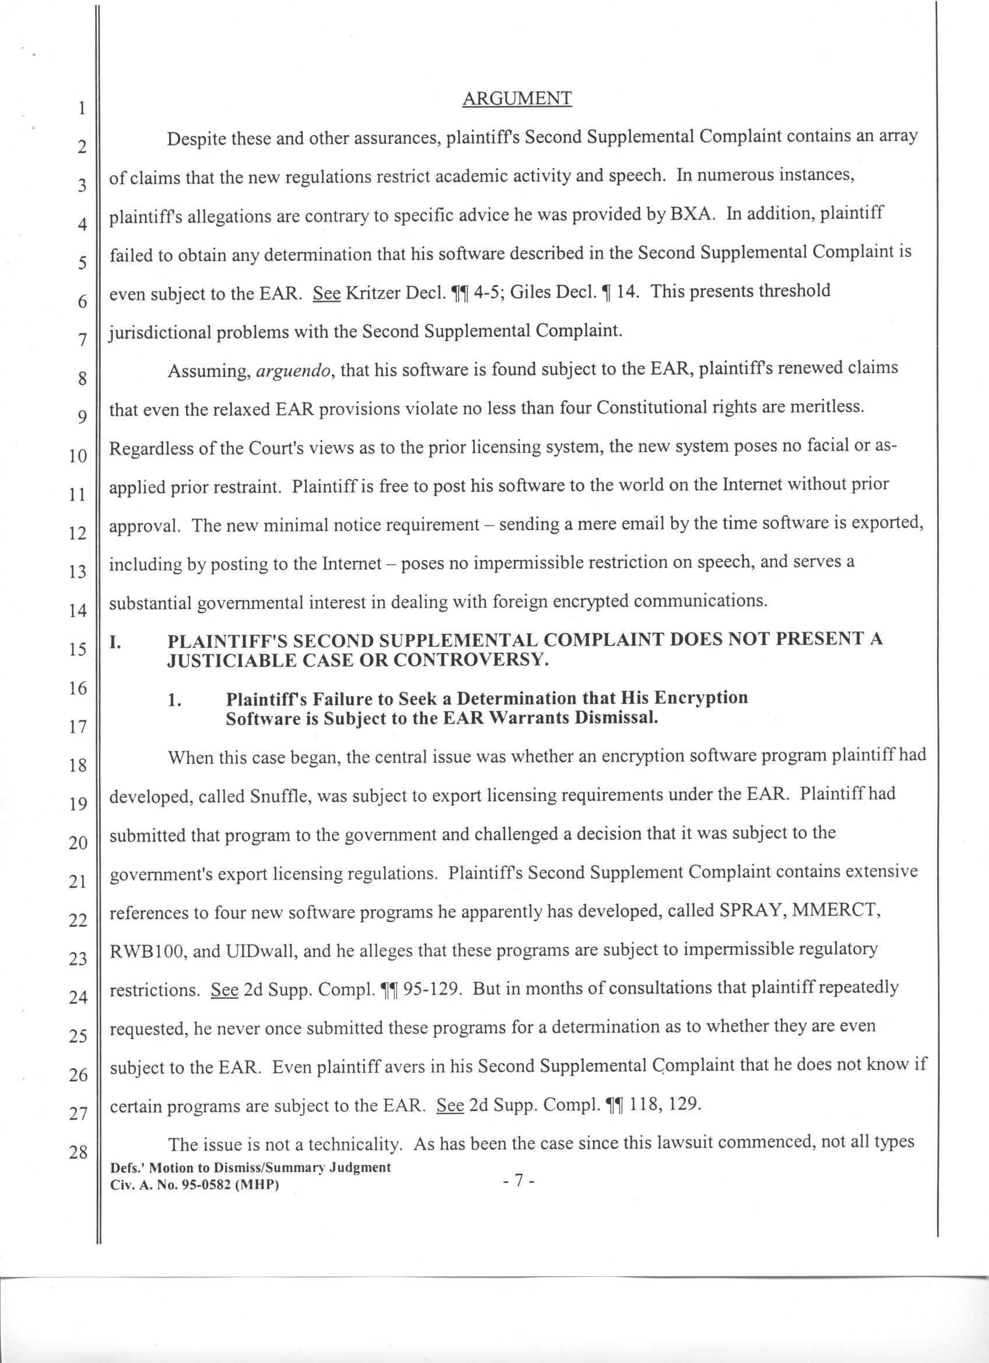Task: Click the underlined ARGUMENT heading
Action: tap(517, 98)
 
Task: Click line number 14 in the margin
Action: tap(78, 611)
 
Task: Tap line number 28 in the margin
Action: tap(78, 1153)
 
